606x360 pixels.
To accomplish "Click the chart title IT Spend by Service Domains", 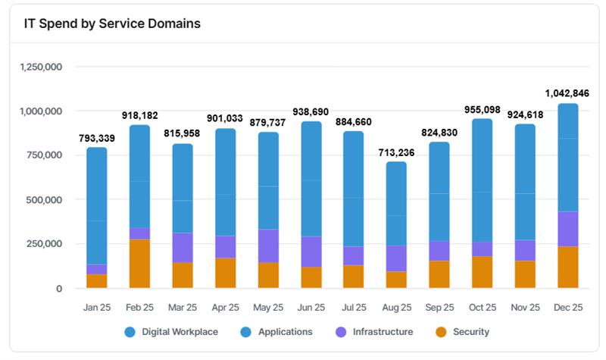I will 111,23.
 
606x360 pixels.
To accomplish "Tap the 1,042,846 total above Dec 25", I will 567,93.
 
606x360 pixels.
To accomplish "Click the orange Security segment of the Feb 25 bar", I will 139,264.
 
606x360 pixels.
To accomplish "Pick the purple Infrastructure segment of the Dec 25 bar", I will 567,229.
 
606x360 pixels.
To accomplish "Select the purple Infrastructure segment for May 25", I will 268,246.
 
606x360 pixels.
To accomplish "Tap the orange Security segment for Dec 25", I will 567,268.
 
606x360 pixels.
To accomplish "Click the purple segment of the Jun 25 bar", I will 311,252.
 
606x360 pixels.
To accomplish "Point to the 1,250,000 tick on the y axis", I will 39,67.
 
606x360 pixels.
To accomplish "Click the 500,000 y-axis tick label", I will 44,200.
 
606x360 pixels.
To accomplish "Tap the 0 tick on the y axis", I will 58,289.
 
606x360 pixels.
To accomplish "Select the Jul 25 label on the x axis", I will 353,308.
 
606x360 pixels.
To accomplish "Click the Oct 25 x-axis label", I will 482,308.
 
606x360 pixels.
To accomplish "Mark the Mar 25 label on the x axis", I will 183,308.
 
